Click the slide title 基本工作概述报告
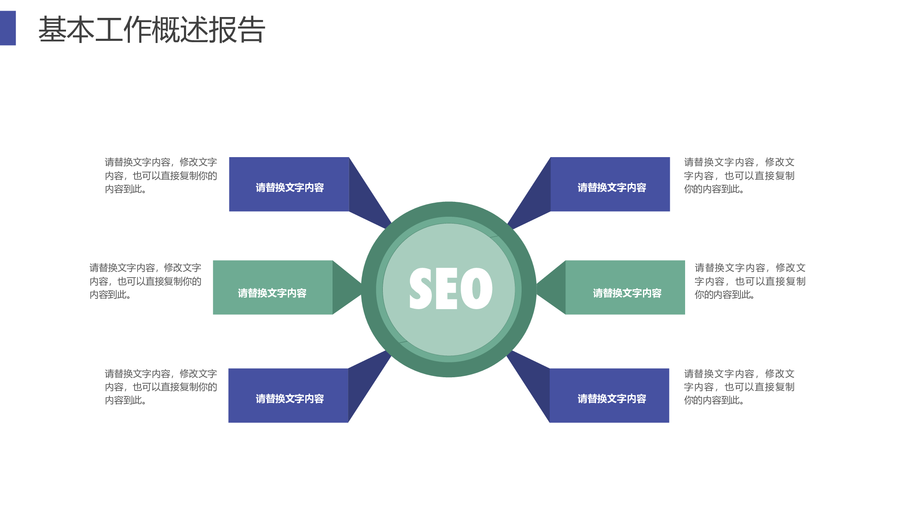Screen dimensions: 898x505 [152, 29]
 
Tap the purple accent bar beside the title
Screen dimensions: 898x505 [8, 28]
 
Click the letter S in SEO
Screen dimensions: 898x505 [421, 289]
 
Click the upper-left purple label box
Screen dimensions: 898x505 [289, 184]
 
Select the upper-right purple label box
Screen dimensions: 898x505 [610, 184]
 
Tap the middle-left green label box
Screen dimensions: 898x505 [273, 287]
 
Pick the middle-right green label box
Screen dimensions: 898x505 [625, 287]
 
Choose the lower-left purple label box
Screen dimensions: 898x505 [288, 396]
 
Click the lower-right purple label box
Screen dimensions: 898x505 [609, 396]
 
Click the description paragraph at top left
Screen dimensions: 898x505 [161, 175]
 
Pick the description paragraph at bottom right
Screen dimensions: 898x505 [739, 387]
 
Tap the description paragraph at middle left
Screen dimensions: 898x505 [145, 281]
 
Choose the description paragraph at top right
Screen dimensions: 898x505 [739, 175]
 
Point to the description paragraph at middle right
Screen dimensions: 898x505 [750, 281]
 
